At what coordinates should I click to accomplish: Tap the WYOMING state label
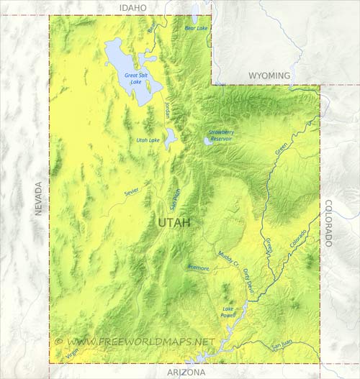[269, 76]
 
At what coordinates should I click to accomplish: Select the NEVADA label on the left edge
[39, 198]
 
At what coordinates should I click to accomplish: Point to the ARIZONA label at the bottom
[186, 373]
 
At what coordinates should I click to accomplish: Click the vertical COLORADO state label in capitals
[328, 223]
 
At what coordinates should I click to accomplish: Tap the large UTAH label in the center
[174, 223]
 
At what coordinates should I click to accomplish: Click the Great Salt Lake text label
[135, 78]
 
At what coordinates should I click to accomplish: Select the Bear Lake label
[196, 28]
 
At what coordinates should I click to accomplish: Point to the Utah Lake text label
[148, 140]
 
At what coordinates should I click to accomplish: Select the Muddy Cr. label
[227, 259]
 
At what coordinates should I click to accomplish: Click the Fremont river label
[198, 268]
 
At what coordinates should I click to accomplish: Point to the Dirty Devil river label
[248, 278]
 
